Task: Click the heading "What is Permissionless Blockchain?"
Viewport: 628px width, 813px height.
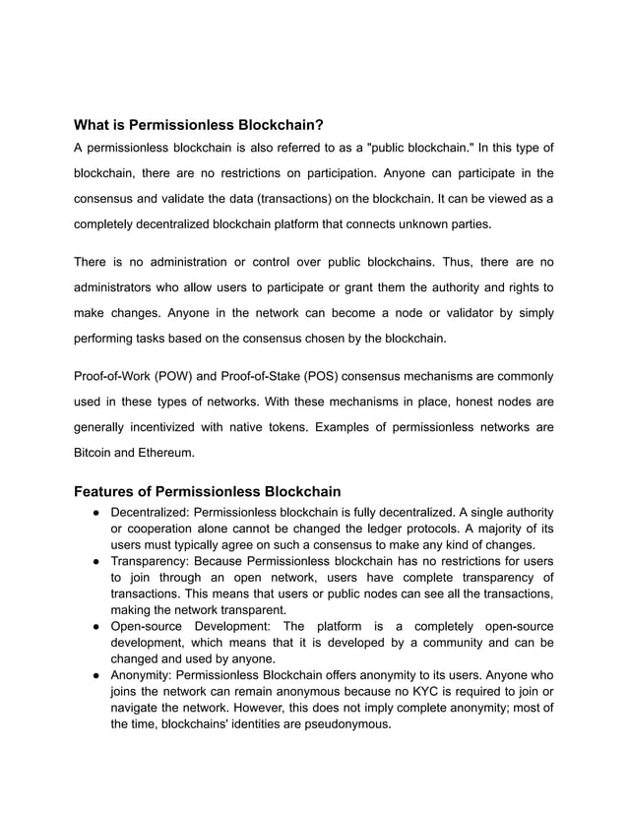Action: point(199,125)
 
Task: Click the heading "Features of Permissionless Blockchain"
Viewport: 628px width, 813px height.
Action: point(208,490)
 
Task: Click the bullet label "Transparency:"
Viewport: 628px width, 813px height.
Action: point(150,560)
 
